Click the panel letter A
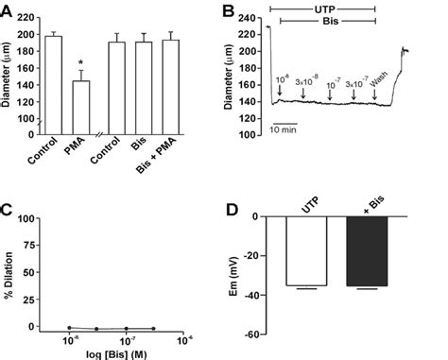pyautogui.click(x=7, y=9)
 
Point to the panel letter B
pyautogui.click(x=228, y=9)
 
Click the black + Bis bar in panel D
pyautogui.click(x=367, y=250)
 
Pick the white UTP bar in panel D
pyautogui.click(x=306, y=250)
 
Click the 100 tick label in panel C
pyautogui.click(x=28, y=218)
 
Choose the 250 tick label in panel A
pyautogui.click(x=28, y=17)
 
